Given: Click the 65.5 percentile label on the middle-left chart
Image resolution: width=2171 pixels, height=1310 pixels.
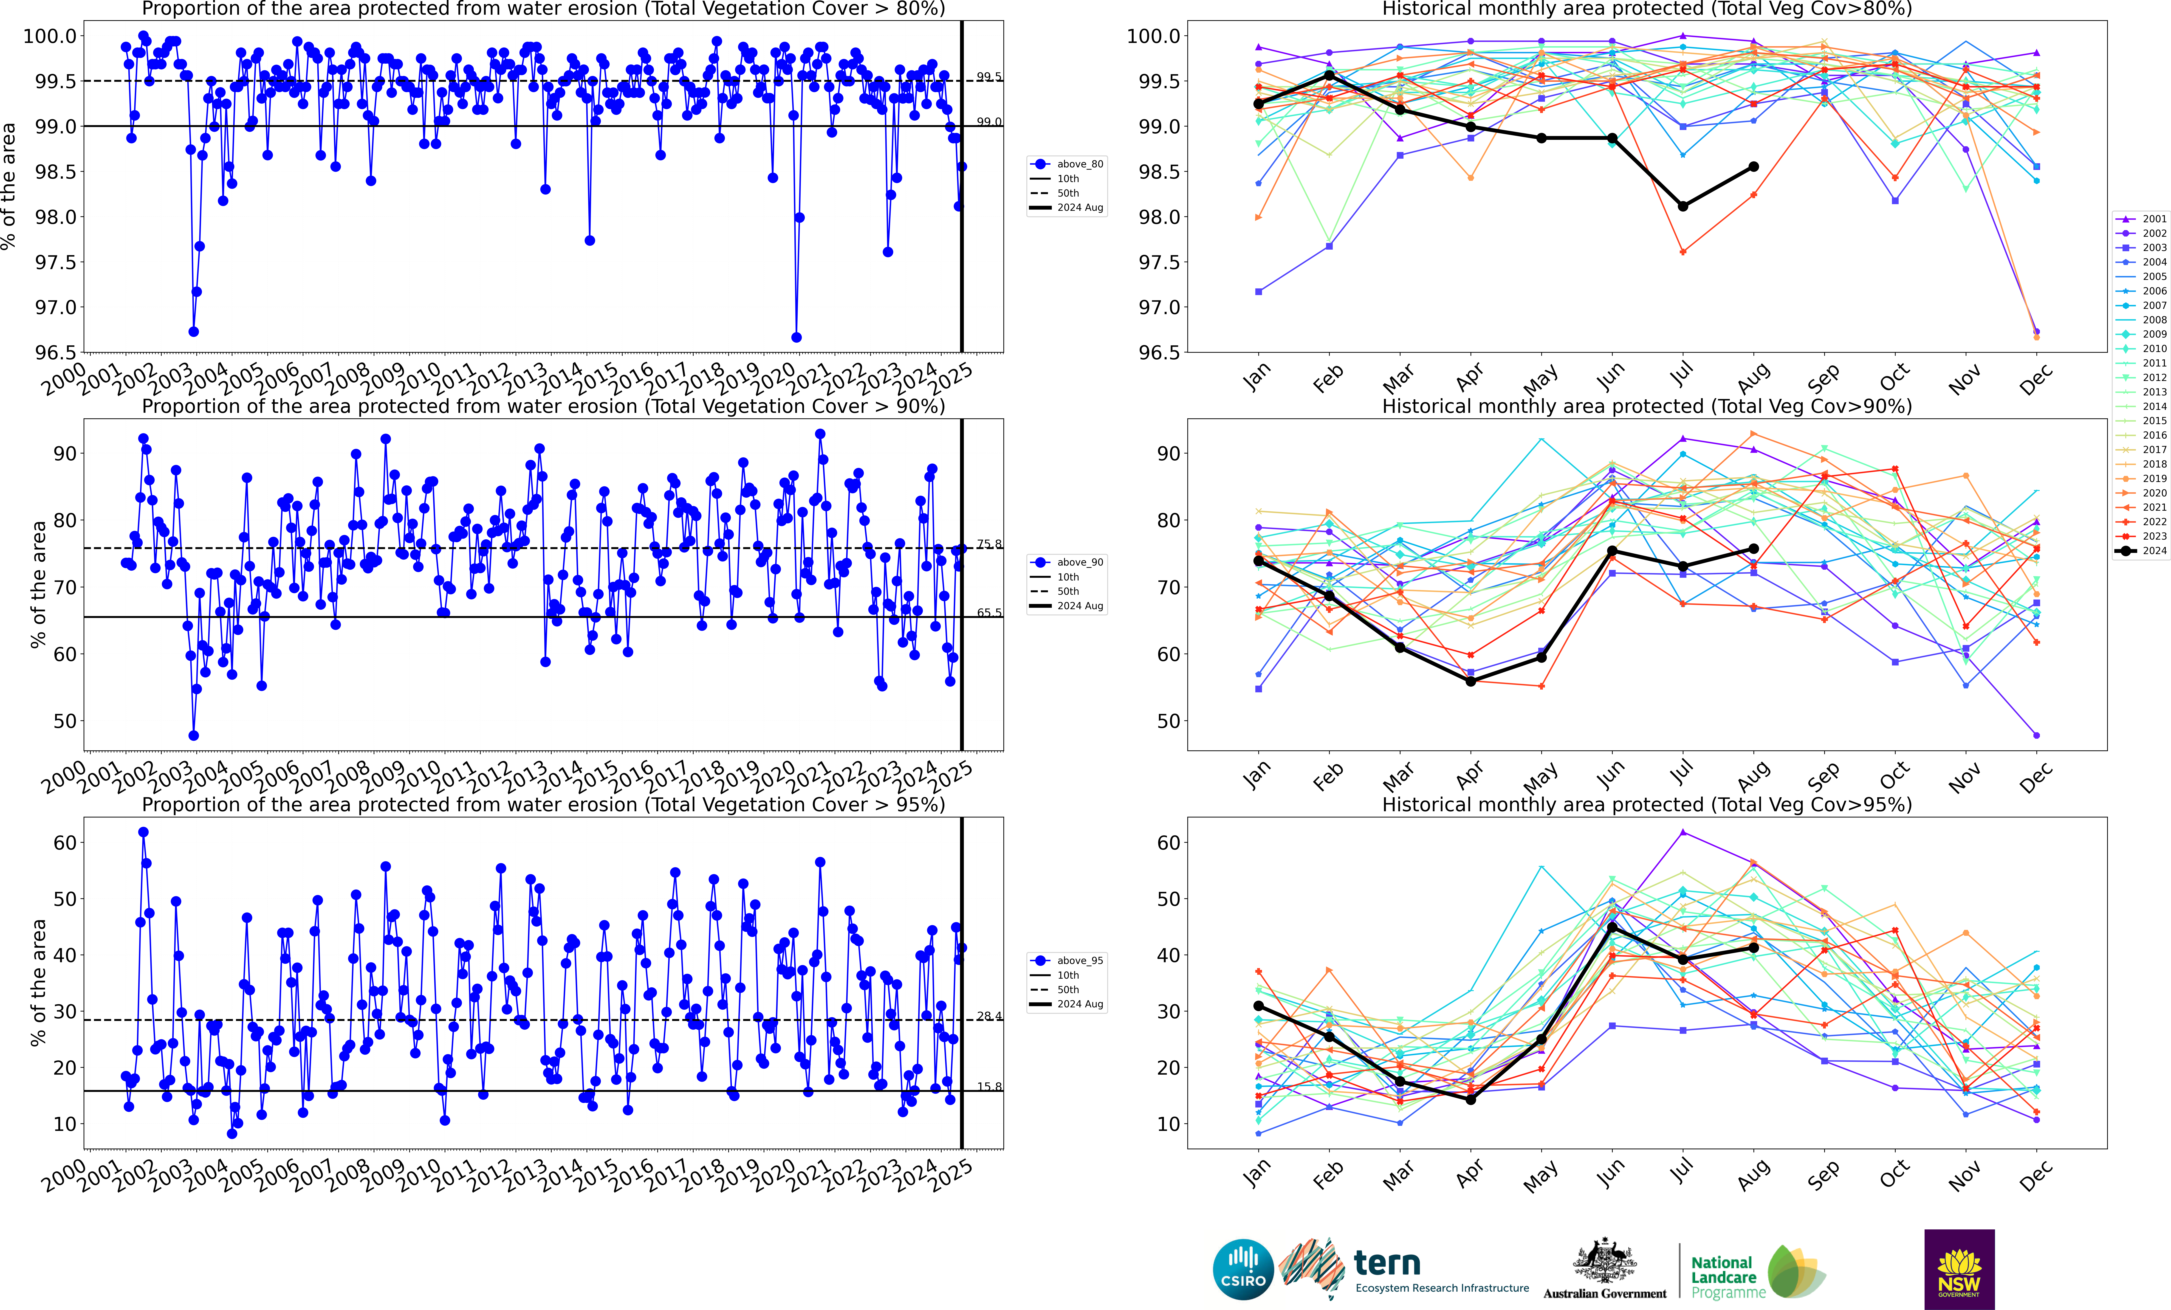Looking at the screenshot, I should (988, 612).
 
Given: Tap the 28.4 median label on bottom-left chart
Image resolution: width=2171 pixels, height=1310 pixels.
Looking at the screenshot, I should (988, 1016).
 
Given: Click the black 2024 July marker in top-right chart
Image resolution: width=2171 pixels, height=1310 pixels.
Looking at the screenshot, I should (1683, 206).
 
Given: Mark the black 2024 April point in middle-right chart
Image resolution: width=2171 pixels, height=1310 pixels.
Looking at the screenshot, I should (1471, 681).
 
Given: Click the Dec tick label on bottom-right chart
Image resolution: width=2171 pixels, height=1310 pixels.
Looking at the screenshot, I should (2035, 1175).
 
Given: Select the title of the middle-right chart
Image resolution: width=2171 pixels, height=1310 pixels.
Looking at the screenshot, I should (1647, 406).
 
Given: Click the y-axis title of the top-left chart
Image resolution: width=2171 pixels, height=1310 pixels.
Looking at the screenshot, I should (9, 186).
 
